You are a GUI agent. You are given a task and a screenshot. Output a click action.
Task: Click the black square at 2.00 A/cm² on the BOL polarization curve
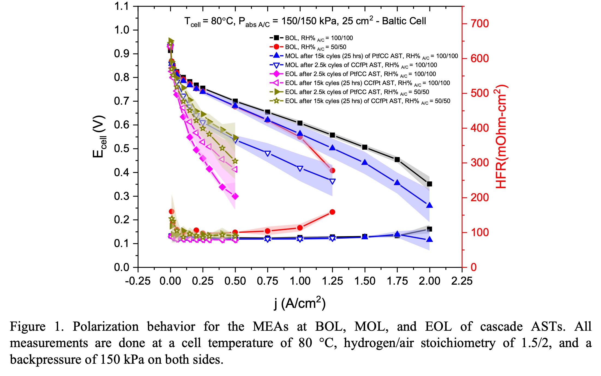tap(429, 184)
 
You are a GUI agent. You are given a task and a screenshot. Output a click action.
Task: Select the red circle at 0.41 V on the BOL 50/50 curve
tap(332, 170)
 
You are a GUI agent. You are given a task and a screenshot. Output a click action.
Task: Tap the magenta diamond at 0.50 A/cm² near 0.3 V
tap(235, 196)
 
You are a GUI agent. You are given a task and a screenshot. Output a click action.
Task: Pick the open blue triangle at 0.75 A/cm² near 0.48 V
tap(268, 154)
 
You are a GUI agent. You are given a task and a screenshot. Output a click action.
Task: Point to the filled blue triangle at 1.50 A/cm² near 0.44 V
tap(365, 163)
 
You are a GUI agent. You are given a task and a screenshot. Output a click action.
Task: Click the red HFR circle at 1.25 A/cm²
tap(332, 212)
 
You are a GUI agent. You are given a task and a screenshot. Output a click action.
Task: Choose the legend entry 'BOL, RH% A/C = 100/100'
tap(319, 38)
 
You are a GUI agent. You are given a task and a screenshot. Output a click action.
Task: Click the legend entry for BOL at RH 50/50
tap(315, 47)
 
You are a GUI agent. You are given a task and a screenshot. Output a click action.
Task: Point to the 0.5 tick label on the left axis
tap(122, 149)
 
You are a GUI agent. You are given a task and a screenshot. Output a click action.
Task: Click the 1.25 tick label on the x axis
tap(332, 281)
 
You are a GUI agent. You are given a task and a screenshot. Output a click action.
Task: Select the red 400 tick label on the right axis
tap(479, 128)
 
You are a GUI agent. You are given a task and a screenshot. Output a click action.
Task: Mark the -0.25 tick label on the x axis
tap(138, 281)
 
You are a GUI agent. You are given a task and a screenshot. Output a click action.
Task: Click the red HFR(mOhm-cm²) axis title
tap(501, 136)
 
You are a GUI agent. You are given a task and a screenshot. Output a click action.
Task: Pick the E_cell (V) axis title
tap(99, 136)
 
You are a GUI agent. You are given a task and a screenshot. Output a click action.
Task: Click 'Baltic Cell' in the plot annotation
tap(404, 21)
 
